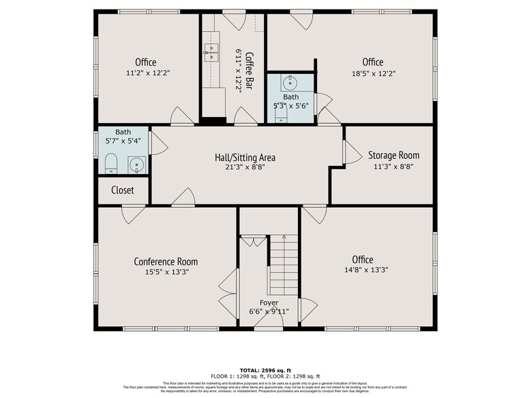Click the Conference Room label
[165, 262]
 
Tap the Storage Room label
[394, 155]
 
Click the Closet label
[123, 190]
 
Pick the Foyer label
[269, 302]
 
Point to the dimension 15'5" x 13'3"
[165, 272]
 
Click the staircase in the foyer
[284, 264]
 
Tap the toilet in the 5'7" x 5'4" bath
[111, 163]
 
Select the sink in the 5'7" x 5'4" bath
[136, 164]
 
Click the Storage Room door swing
[352, 152]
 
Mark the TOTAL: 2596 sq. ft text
[265, 370]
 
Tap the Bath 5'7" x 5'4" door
[157, 143]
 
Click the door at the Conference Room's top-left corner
[133, 214]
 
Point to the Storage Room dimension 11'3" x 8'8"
[394, 166]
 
